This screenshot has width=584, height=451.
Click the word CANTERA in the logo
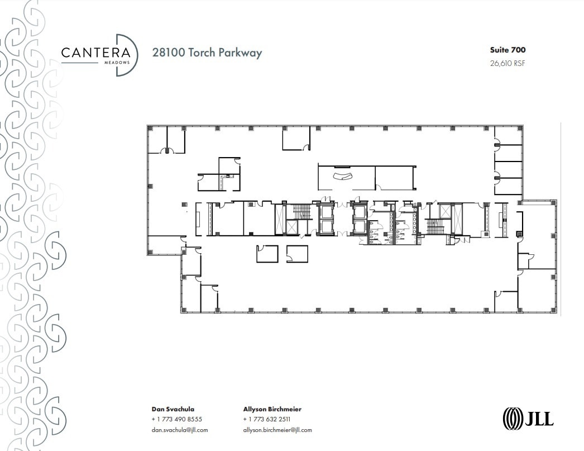click(x=95, y=53)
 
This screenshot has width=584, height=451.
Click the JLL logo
click(x=528, y=417)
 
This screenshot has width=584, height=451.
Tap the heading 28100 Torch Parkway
click(x=207, y=53)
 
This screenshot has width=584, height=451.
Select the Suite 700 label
click(x=508, y=50)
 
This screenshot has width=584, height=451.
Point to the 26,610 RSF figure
click(x=507, y=63)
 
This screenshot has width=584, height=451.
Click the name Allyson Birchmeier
click(x=272, y=409)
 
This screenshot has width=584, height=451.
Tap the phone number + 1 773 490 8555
click(x=176, y=419)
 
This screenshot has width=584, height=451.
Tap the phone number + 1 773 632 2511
click(x=266, y=419)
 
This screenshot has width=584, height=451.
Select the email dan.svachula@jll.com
click(x=179, y=430)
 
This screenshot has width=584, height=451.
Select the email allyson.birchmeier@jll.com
click(x=277, y=430)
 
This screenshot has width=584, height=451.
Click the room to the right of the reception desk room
click(x=395, y=178)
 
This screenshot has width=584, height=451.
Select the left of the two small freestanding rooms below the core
click(x=267, y=253)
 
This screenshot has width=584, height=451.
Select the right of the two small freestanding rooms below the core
click(x=296, y=253)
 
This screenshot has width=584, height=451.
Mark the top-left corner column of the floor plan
click(x=150, y=129)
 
